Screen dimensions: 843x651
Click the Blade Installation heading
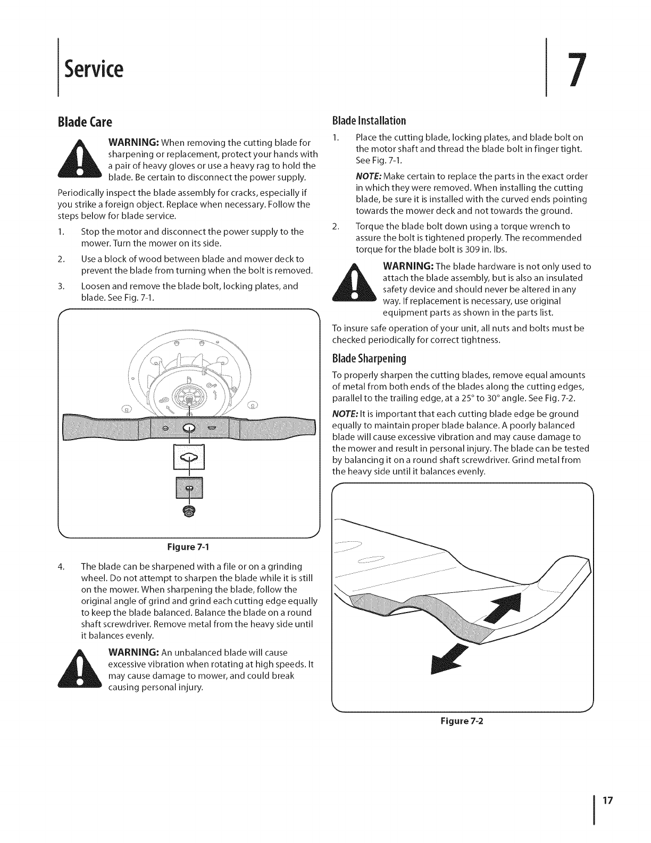(369, 120)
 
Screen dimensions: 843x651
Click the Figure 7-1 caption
(190, 547)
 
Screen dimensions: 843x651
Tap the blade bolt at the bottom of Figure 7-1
(189, 511)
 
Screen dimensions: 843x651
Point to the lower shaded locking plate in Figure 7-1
(189, 489)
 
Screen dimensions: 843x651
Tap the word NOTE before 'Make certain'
(368, 177)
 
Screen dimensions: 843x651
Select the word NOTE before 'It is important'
(344, 414)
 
